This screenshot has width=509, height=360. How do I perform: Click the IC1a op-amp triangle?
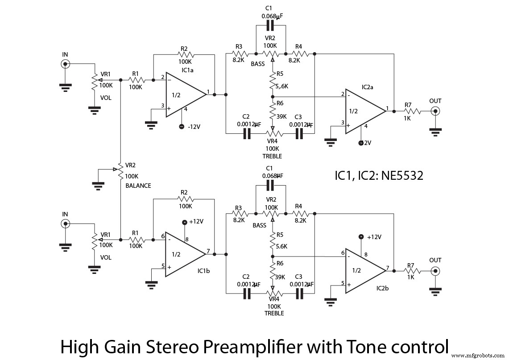[183, 95]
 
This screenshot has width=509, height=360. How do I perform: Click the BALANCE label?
[138, 186]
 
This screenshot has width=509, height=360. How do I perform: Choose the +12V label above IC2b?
[374, 237]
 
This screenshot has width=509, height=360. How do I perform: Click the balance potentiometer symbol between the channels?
[120, 171]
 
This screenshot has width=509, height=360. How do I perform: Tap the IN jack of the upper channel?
[65, 64]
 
